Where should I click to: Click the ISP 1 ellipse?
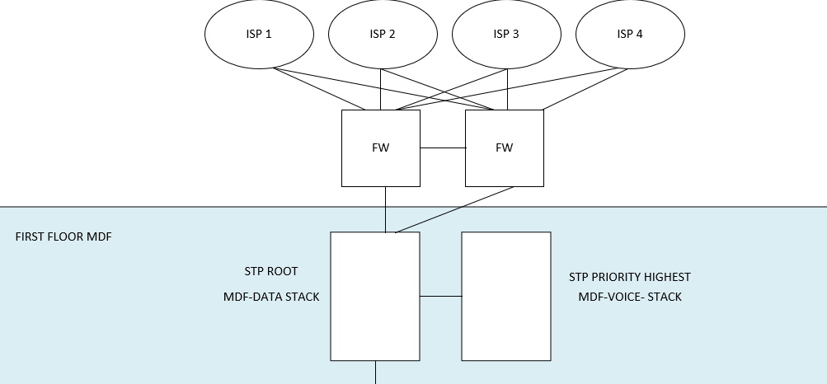tap(259, 35)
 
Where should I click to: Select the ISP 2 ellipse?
tap(383, 35)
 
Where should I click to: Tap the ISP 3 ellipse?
tap(506, 35)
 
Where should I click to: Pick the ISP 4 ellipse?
tap(630, 35)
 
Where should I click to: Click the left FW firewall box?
tap(381, 148)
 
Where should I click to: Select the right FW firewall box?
tap(505, 148)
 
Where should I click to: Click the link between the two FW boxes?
tap(443, 148)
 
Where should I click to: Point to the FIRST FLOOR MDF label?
tap(63, 237)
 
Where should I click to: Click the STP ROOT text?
tap(271, 271)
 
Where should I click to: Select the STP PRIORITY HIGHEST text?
tap(630, 277)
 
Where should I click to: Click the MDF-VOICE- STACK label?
tap(630, 297)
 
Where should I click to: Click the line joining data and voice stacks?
tap(440, 295)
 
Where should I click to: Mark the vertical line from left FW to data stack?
tap(385, 208)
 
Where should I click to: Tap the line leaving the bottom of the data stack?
tap(376, 372)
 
